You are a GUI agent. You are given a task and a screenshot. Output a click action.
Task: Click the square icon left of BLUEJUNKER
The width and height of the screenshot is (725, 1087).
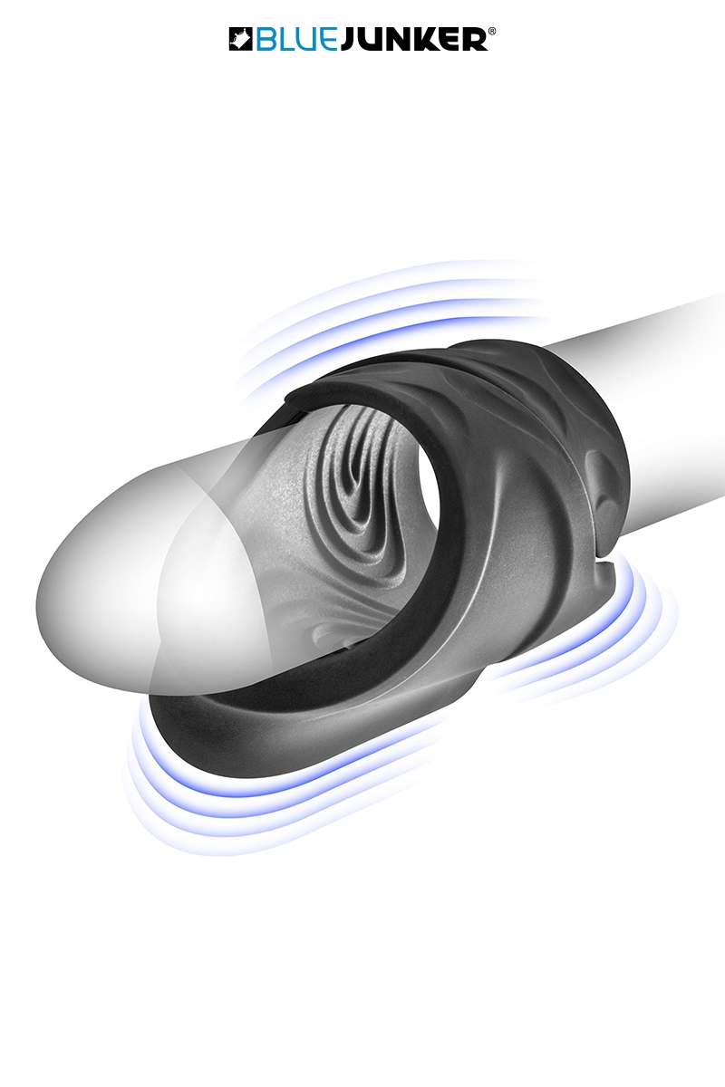(239, 39)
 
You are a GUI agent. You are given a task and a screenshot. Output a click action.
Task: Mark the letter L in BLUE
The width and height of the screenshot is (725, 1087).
(280, 39)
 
